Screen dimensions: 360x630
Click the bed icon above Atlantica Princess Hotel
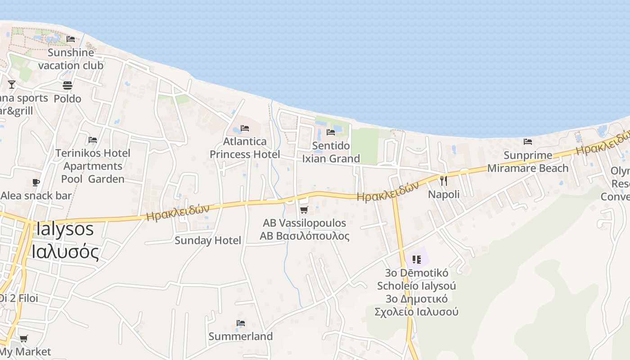pyautogui.click(x=245, y=128)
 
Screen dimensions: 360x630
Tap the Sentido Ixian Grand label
pyautogui.click(x=331, y=152)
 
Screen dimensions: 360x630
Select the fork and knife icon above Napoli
pyautogui.click(x=444, y=181)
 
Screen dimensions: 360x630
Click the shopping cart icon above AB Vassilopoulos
pyautogui.click(x=304, y=210)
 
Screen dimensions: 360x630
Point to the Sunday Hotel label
pyautogui.click(x=208, y=240)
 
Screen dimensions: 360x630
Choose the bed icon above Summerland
pyautogui.click(x=241, y=323)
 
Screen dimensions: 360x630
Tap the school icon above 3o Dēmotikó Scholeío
pyautogui.click(x=416, y=259)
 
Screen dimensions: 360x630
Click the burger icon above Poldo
pyautogui.click(x=67, y=85)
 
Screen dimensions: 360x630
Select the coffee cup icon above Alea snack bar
pyautogui.click(x=36, y=182)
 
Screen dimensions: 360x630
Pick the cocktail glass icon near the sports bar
pyautogui.click(x=12, y=84)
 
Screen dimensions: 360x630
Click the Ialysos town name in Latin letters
pyautogui.click(x=65, y=229)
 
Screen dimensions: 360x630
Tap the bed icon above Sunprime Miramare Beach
pyautogui.click(x=528, y=142)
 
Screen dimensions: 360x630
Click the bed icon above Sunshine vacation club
pyautogui.click(x=71, y=39)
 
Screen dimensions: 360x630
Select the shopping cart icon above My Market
pyautogui.click(x=23, y=338)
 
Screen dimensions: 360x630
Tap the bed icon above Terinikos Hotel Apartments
pyautogui.click(x=93, y=140)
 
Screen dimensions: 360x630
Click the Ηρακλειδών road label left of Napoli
pyautogui.click(x=388, y=191)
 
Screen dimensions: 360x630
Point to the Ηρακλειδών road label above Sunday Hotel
pyautogui.click(x=178, y=213)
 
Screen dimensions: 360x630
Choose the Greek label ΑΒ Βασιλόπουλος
pyautogui.click(x=304, y=236)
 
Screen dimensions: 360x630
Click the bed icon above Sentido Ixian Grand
pyautogui.click(x=331, y=132)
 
